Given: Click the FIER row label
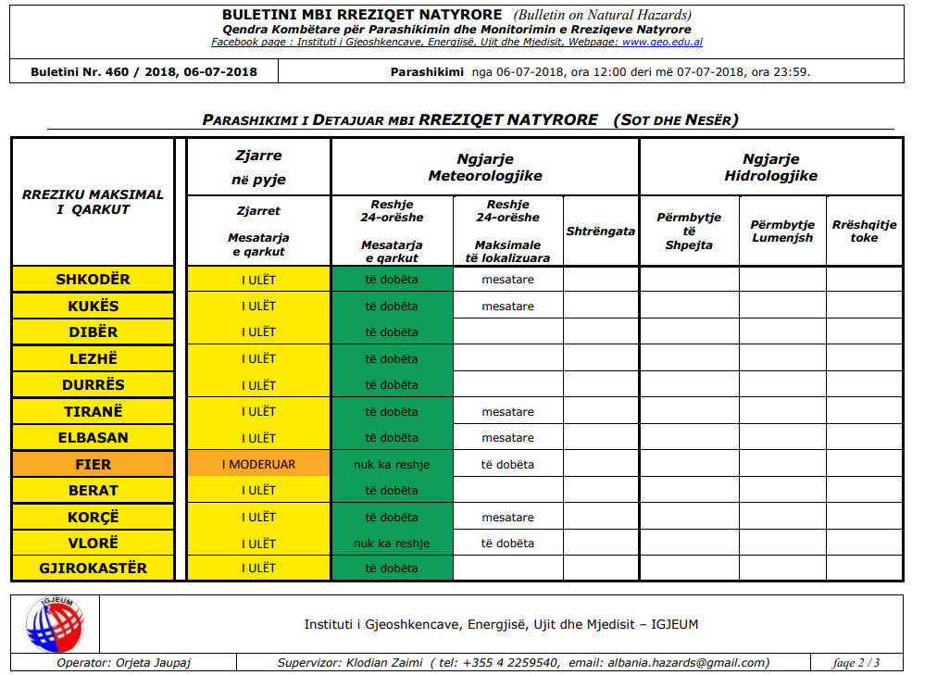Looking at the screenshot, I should [93, 464].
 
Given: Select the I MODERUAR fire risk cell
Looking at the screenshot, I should [258, 464].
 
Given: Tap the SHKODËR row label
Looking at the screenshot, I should [93, 280].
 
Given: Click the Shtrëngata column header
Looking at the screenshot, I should [600, 231].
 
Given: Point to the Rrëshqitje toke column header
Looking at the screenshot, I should [864, 231].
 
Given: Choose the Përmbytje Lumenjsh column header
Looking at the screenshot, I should [782, 231].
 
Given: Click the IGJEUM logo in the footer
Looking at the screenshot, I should [55, 623].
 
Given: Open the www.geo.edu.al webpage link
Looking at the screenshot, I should [662, 43].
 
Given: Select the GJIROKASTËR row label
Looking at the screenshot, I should [93, 568].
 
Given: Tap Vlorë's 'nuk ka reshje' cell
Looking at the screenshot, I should [392, 543].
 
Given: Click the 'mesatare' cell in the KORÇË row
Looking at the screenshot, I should [507, 517].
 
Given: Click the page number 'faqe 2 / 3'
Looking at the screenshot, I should [856, 662].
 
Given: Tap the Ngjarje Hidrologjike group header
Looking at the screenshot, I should [770, 168].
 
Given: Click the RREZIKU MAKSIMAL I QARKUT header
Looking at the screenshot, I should [93, 202].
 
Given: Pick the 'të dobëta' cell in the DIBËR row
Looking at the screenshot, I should [392, 332].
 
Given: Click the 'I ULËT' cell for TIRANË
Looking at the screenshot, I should [258, 411].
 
